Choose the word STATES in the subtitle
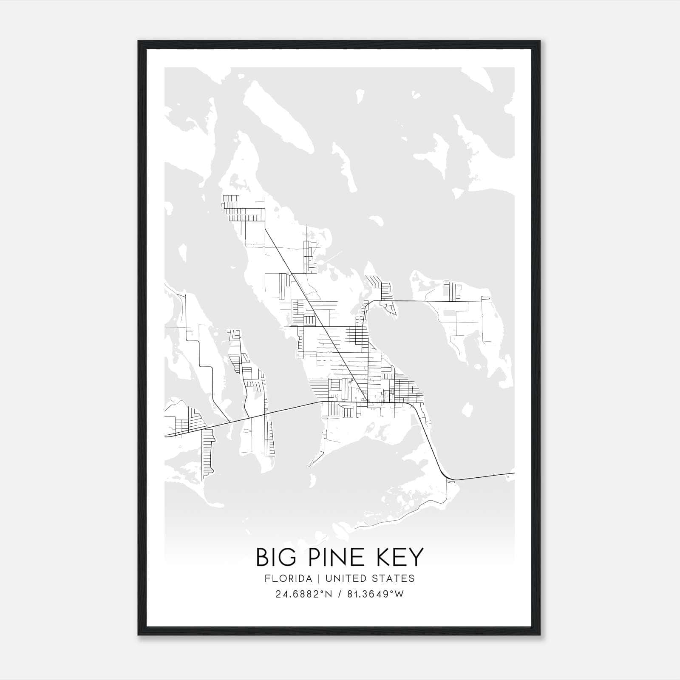click(x=394, y=578)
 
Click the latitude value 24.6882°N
click(x=303, y=594)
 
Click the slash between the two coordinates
click(x=339, y=594)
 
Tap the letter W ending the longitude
click(x=399, y=594)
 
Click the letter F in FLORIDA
click(x=267, y=578)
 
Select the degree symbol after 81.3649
click(x=392, y=592)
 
